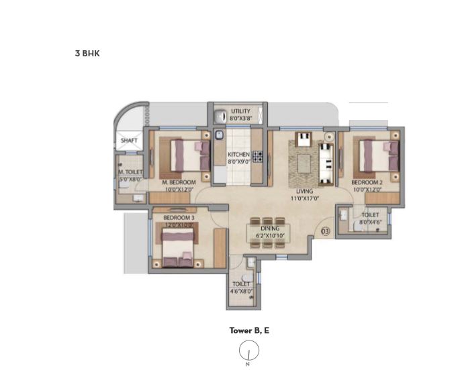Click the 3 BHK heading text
coord(87,54)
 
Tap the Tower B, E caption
coord(249,330)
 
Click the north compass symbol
coord(248,351)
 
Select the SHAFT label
coord(129,141)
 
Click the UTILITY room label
coord(240,111)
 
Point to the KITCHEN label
coord(238,154)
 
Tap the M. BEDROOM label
coord(179,182)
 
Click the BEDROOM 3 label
coord(179,218)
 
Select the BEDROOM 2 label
coord(368,182)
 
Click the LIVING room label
coord(305,191)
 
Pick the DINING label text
coord(270,229)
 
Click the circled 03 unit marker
coord(325,232)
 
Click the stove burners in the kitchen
coord(257,157)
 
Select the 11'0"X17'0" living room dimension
coord(305,198)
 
